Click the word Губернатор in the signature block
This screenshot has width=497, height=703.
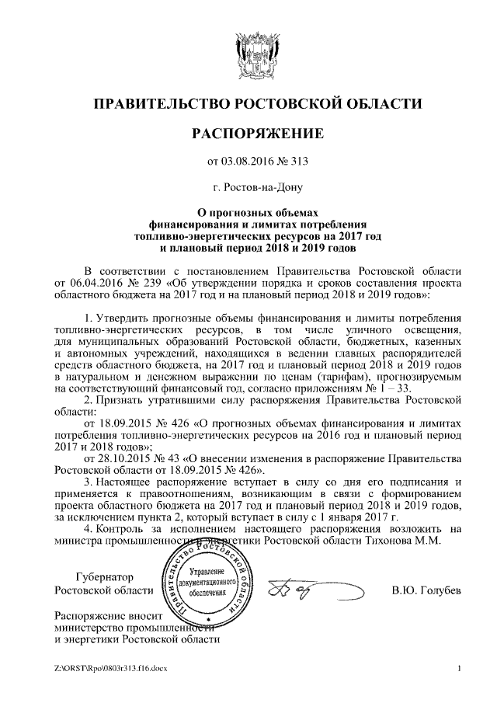click(x=104, y=578)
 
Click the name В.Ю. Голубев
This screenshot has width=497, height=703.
click(x=426, y=592)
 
